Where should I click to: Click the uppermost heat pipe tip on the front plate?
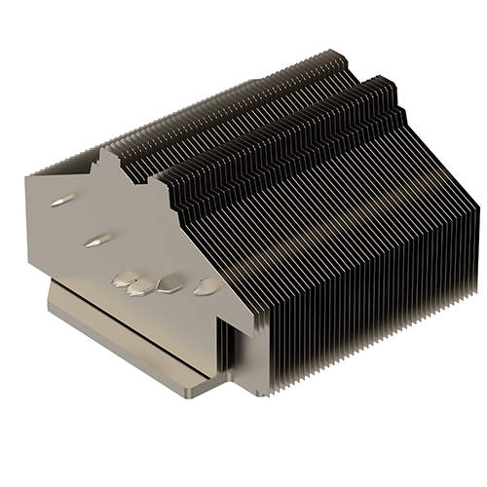point(61,200)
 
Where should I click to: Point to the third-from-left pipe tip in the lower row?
point(169,283)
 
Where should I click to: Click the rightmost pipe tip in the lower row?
point(206,286)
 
